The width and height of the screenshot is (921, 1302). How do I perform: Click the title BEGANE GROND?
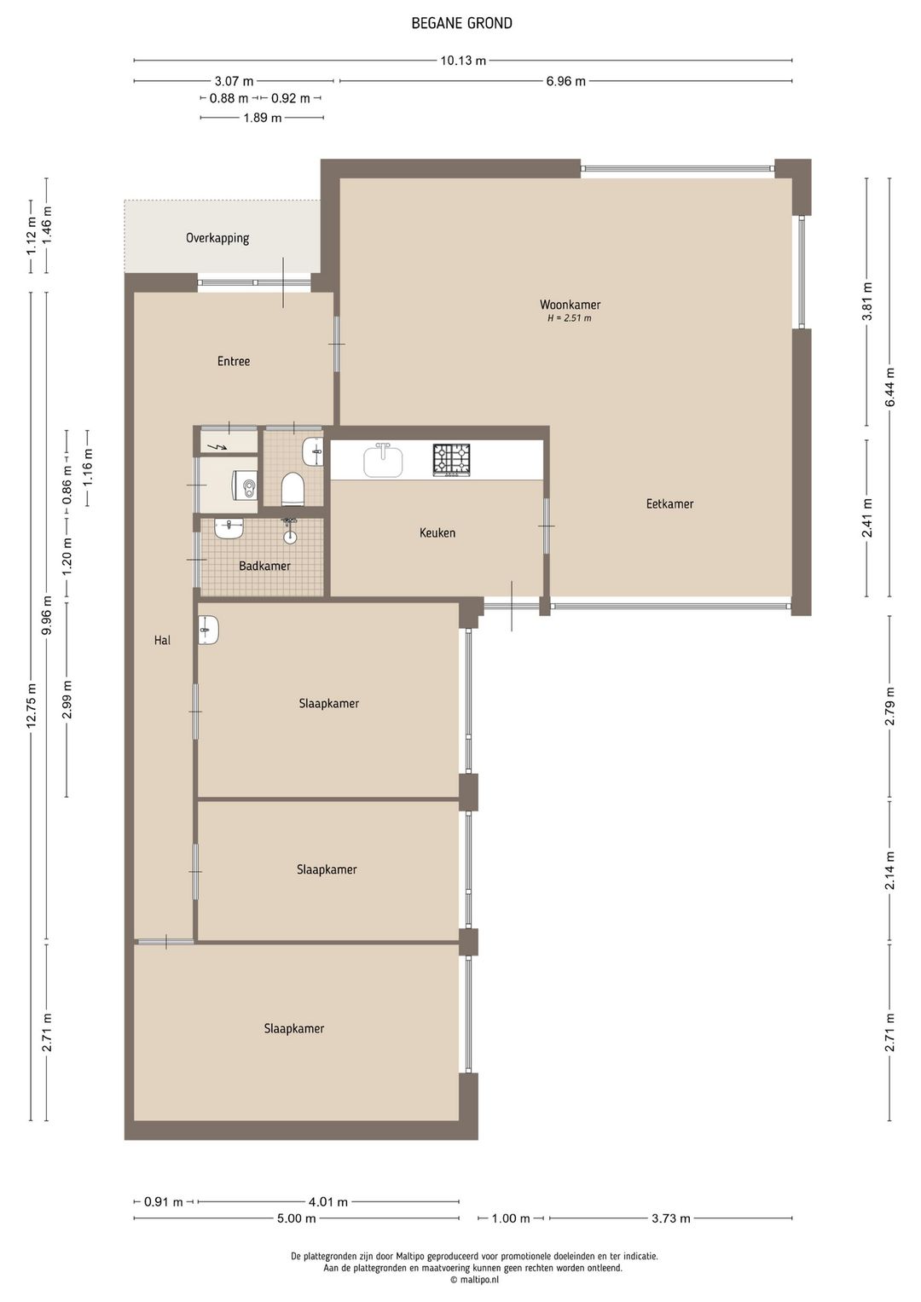461,23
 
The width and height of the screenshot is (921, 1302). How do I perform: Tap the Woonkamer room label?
570,305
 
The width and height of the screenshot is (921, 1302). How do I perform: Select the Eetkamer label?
669,504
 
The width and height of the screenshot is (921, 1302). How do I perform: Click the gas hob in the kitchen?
451,461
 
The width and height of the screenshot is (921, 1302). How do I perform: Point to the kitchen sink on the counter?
383,460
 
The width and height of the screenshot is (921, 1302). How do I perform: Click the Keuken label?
437,532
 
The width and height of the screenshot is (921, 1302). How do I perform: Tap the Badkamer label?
264,566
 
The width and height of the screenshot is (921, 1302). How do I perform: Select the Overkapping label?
217,238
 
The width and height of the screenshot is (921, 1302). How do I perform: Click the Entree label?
234,361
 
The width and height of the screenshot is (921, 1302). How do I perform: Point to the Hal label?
162,641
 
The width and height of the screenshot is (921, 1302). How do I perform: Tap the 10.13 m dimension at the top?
463,61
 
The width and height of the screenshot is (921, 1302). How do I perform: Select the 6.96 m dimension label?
565,81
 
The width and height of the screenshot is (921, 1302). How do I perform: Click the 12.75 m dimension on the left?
32,705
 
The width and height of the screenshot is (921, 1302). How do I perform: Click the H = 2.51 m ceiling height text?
570,318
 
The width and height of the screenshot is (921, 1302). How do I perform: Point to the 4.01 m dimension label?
327,1202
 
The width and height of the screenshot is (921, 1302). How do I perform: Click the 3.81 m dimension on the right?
867,301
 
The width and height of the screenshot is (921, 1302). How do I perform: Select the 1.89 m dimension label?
262,118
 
